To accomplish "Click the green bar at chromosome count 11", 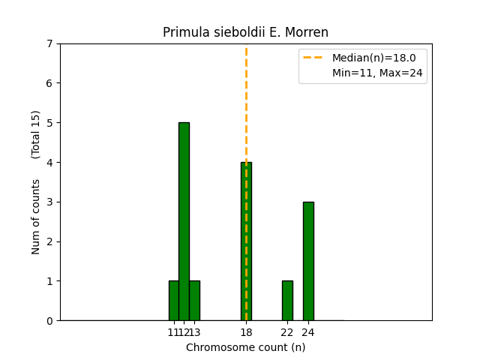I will click(173, 301).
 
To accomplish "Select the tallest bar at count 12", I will click(184, 221).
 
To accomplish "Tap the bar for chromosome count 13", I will click(194, 301).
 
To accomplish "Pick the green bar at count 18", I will click(246, 241).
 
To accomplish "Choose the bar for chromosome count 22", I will click(287, 301).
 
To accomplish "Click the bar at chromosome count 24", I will click(308, 261).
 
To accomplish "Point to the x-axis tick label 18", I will click(246, 332).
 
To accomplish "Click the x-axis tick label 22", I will click(287, 332).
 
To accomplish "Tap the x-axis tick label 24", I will click(308, 332).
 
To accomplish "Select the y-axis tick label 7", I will click(49, 43).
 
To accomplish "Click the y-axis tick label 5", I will click(49, 123).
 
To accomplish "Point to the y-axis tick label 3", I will click(49, 202).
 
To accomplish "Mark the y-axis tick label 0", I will click(49, 321).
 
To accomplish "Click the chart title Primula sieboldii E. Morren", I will click(246, 32).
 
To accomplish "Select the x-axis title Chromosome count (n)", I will click(246, 347).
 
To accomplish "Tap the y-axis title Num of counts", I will click(36, 216).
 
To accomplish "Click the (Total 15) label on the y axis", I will click(36, 134).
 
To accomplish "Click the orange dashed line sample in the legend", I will click(315, 57).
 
